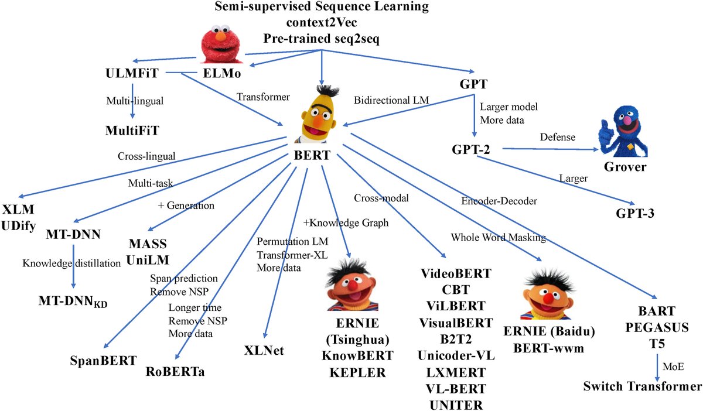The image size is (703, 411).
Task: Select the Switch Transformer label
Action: pyautogui.click(x=641, y=387)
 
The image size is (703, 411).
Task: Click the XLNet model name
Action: pyautogui.click(x=264, y=351)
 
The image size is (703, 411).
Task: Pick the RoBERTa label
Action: pyautogui.click(x=175, y=371)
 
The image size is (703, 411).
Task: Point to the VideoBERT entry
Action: pyautogui.click(x=456, y=274)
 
